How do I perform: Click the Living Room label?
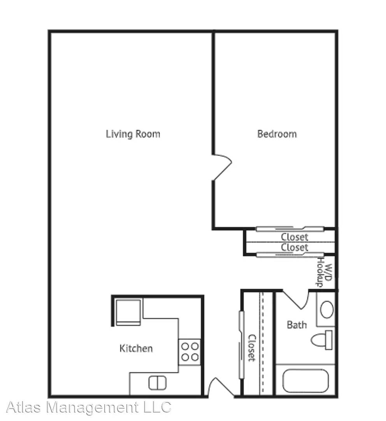133,134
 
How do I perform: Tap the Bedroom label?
277,134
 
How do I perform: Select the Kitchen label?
136,348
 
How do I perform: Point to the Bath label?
297,324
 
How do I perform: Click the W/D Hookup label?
324,272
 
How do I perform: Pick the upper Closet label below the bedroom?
295,237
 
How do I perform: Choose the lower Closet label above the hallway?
295,247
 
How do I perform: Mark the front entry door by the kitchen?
218,388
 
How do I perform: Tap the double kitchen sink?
158,382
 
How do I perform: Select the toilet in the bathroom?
322,340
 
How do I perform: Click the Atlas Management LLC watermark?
89,407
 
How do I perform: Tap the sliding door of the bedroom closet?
289,229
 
